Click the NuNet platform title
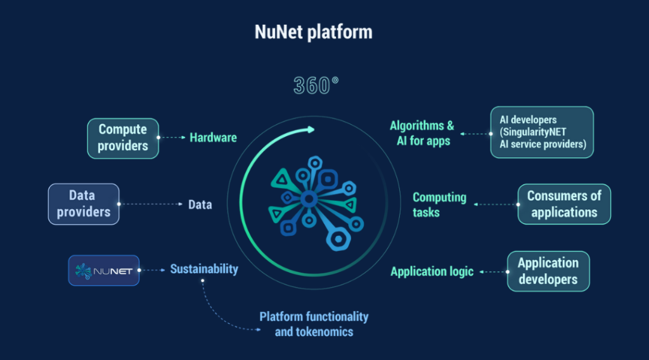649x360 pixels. click(x=313, y=32)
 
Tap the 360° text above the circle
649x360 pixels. click(x=316, y=85)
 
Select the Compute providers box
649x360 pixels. click(x=123, y=138)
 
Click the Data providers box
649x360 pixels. click(x=84, y=204)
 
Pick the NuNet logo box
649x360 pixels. click(x=103, y=270)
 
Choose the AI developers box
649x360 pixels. click(x=542, y=132)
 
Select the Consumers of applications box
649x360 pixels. click(x=564, y=204)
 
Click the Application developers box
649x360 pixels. click(x=548, y=271)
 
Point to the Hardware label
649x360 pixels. click(x=213, y=138)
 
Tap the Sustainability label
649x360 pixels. click(x=204, y=269)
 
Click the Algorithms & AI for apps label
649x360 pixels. click(x=422, y=133)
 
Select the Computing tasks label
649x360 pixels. click(x=439, y=205)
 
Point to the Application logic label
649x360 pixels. click(x=432, y=271)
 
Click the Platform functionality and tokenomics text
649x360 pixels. click(x=314, y=324)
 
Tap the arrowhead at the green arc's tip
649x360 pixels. click(x=311, y=129)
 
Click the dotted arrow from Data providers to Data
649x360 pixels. click(x=151, y=204)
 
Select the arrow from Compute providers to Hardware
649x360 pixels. click(x=171, y=138)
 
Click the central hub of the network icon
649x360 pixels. click(x=309, y=200)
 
